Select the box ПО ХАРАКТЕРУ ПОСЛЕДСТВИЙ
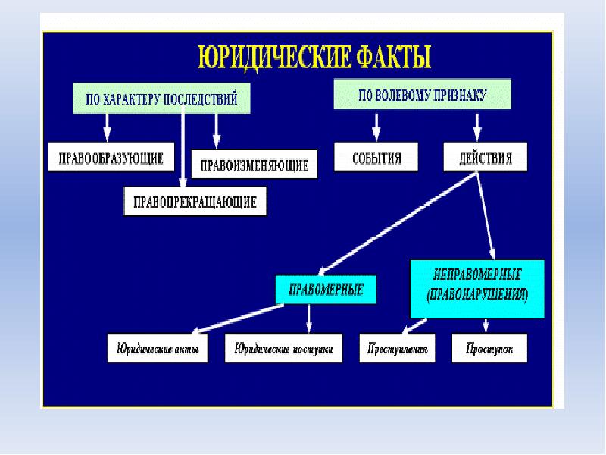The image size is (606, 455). pos(161,99)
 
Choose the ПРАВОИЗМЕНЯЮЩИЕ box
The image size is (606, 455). pos(254,165)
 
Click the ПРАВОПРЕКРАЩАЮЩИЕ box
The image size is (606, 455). pos(195,202)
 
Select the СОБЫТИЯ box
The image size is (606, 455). pos(376,158)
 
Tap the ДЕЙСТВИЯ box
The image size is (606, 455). pos(485,159)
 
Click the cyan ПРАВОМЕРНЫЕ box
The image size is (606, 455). pos(326,288)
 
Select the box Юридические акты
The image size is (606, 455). pos(158,350)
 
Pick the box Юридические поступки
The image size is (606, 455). pos(284,350)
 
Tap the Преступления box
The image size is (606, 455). pos(398,350)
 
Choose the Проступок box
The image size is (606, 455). pos(488,350)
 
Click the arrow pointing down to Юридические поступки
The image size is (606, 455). pos(308,318)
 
